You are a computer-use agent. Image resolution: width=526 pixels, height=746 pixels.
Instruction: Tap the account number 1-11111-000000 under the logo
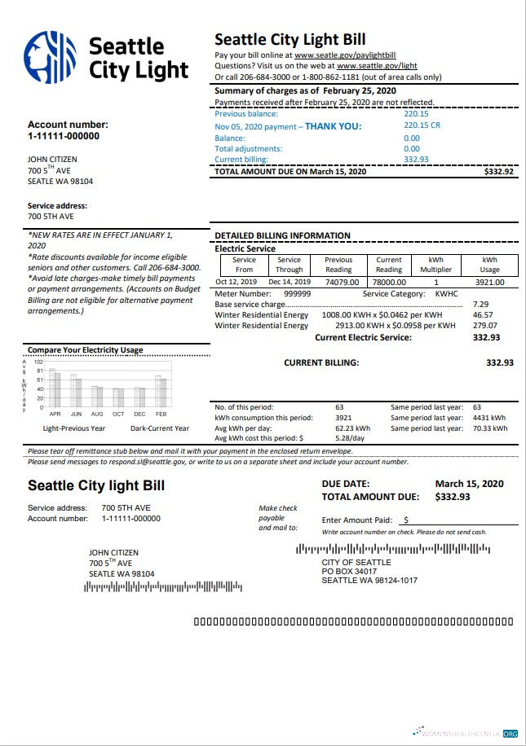64,136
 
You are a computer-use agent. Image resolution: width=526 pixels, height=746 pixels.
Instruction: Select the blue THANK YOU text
333,126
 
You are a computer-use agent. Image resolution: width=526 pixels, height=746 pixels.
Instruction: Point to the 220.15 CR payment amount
422,126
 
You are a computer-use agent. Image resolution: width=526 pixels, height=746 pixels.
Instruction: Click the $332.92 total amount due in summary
498,172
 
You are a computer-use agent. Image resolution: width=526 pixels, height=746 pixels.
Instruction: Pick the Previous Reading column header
338,265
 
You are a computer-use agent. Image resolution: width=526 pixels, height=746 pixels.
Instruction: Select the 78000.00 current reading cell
389,282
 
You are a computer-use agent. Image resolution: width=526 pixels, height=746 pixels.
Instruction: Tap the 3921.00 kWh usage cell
489,282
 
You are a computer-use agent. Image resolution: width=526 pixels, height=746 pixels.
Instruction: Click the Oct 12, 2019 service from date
236,282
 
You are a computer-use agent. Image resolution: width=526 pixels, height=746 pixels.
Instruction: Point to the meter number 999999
297,293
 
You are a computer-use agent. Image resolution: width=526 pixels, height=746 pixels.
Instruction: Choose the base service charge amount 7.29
480,304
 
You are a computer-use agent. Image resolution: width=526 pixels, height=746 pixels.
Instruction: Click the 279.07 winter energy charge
484,326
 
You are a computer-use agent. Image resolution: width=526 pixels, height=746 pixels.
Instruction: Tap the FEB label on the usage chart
161,414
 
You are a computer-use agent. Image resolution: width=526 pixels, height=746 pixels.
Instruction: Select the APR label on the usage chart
55,414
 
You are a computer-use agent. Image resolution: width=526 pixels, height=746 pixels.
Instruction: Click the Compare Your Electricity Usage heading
85,350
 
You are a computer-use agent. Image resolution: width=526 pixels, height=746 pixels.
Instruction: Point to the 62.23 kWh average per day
352,428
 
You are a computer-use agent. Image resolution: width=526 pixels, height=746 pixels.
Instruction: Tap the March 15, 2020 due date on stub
469,484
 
